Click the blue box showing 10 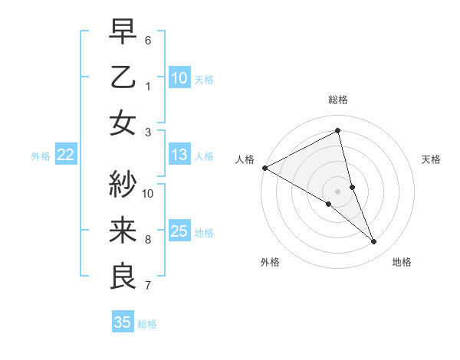179,77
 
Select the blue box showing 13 179,155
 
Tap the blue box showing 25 179,231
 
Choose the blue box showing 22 66,155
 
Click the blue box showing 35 123,322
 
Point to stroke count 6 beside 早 148,40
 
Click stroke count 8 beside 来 148,239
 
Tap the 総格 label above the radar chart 337,100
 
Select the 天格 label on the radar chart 431,159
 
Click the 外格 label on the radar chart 270,262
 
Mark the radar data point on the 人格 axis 264,168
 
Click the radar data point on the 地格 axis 374,241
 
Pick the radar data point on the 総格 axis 337,131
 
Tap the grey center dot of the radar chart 337,191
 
